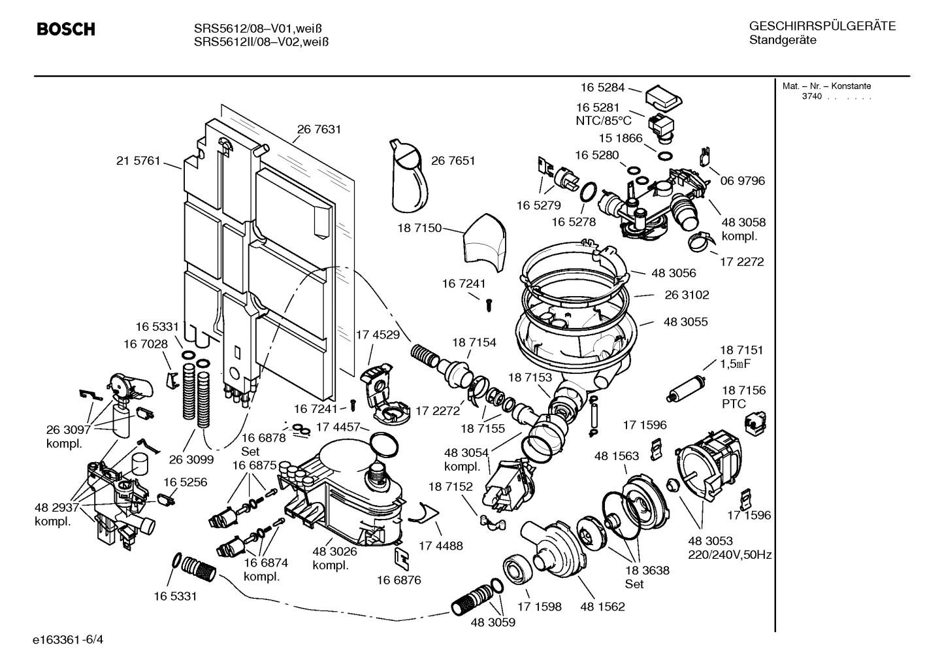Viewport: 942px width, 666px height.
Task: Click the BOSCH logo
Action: click(65, 29)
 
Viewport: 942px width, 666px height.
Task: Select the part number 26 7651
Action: click(453, 161)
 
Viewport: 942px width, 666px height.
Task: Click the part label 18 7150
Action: click(419, 228)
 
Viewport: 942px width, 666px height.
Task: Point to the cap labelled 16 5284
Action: click(663, 99)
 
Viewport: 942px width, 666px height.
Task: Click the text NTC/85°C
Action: click(603, 121)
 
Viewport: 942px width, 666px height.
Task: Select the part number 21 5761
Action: click(138, 161)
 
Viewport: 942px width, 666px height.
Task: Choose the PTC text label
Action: click(734, 404)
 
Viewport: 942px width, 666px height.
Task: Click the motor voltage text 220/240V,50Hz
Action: click(730, 555)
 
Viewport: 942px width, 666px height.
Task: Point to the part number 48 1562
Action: click(602, 607)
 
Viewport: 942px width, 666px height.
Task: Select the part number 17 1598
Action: click(539, 607)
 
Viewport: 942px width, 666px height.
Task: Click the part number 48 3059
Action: click(493, 622)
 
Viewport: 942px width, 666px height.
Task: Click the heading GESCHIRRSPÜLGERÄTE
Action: click(822, 27)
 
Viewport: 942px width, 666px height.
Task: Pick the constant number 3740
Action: click(813, 97)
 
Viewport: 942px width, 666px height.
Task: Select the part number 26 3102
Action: click(687, 295)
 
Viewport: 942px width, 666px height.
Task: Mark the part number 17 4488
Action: click(440, 545)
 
